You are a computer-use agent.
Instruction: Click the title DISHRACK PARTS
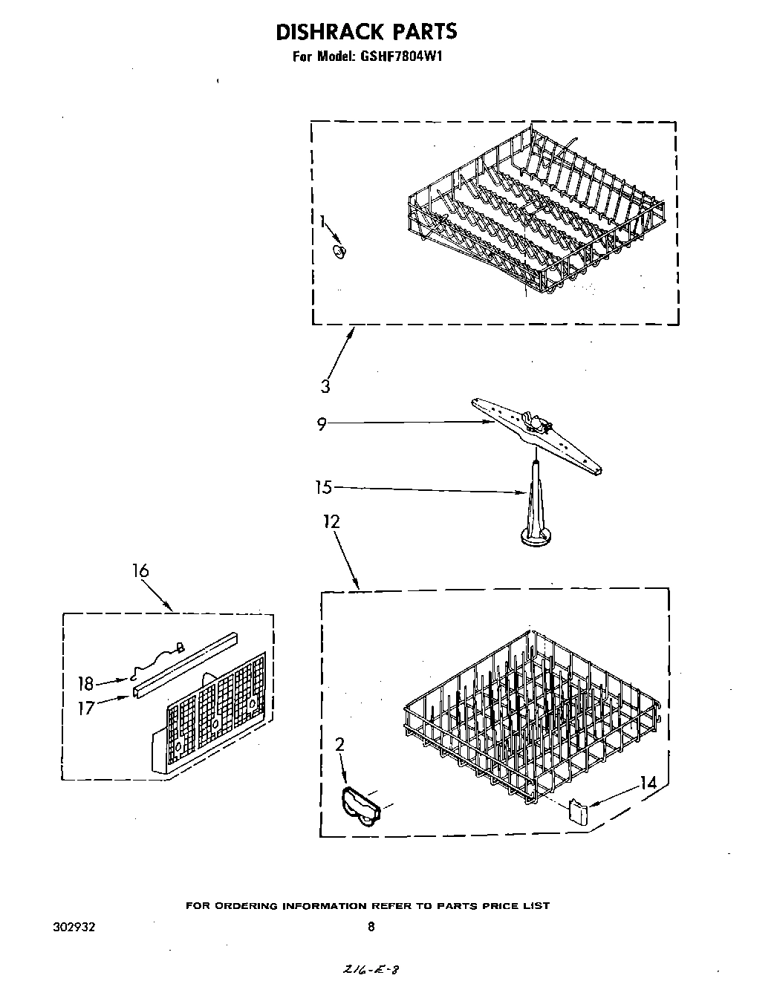click(366, 31)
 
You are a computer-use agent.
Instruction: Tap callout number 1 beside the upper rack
click(322, 221)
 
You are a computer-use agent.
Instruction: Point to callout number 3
click(325, 386)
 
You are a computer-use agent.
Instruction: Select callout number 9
click(322, 426)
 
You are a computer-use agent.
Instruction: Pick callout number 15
click(322, 488)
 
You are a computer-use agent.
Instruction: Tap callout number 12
click(331, 522)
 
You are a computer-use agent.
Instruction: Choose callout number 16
click(140, 570)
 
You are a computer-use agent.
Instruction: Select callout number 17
click(86, 708)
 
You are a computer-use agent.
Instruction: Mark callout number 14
click(648, 781)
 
